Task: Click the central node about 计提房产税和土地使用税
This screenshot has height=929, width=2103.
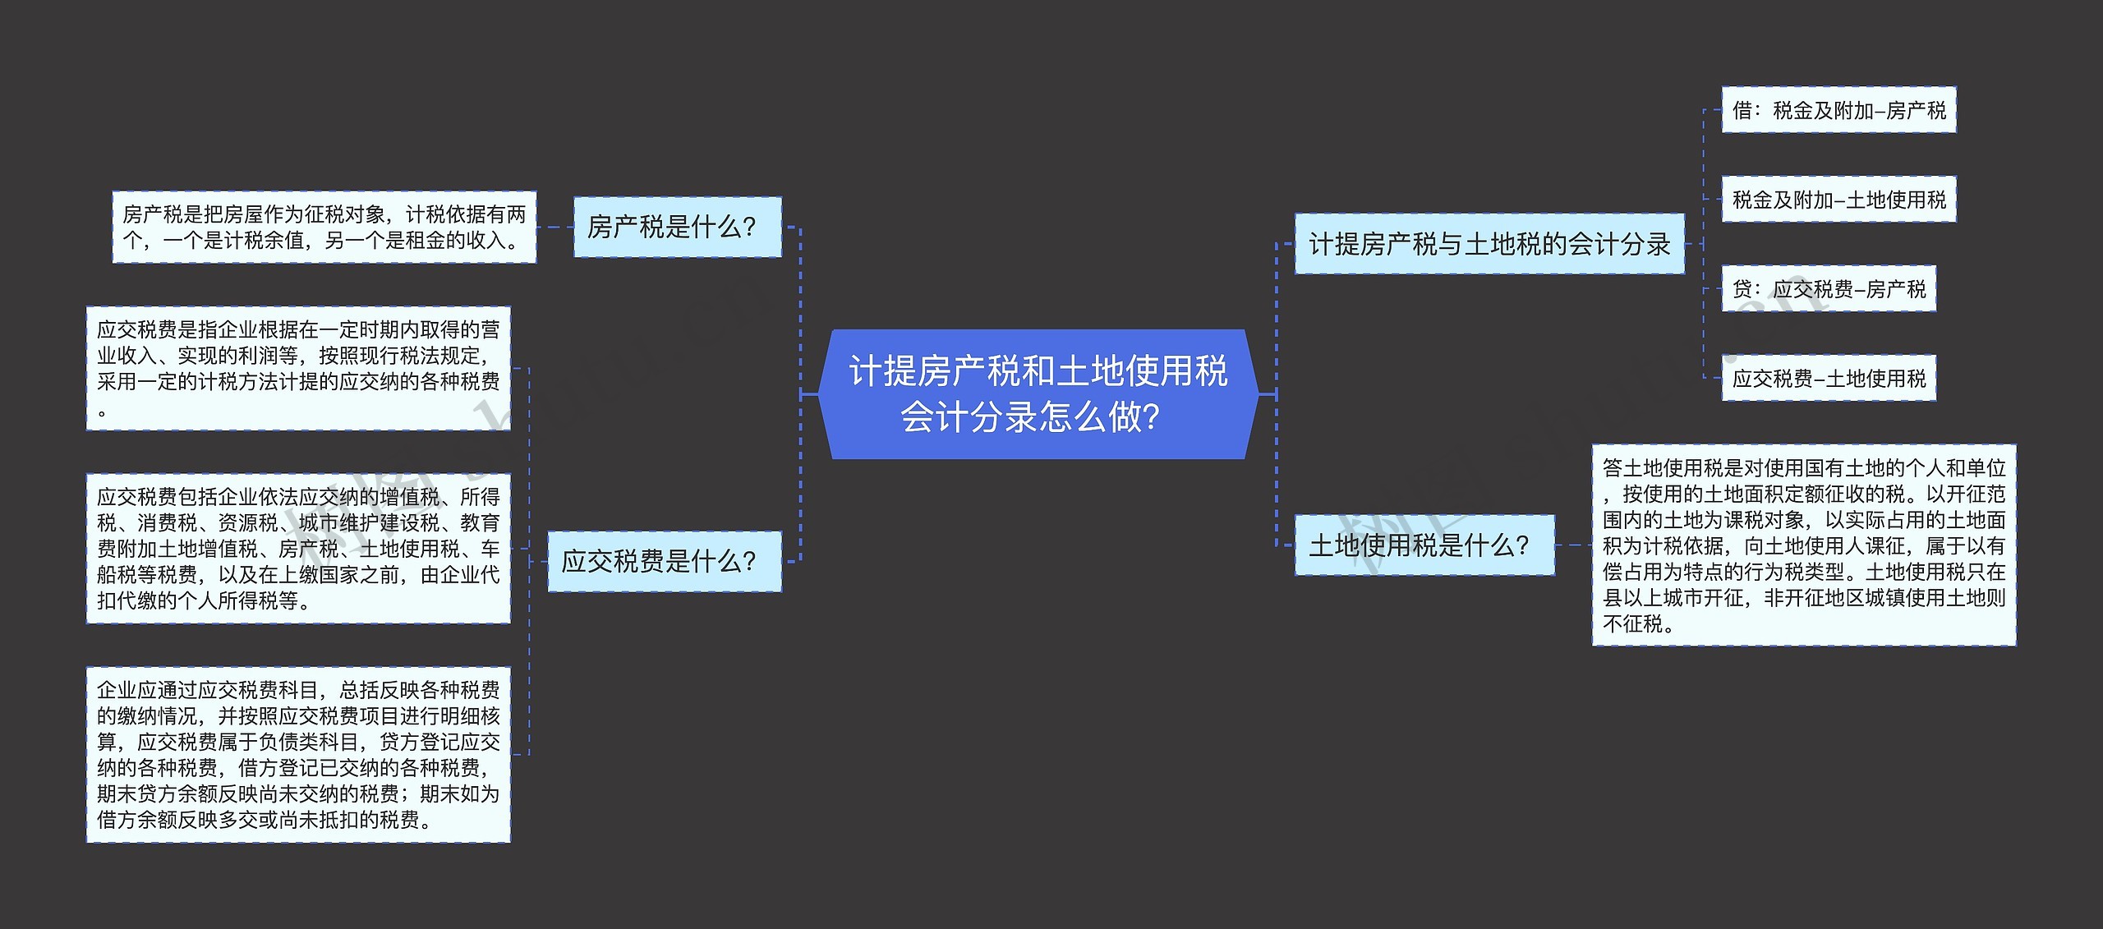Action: point(1038,394)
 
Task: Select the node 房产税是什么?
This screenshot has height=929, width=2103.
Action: point(677,227)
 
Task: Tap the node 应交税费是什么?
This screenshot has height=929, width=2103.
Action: point(664,561)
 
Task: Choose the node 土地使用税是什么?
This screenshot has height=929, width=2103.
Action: point(1424,545)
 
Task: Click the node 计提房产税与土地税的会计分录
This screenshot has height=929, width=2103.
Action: point(1489,244)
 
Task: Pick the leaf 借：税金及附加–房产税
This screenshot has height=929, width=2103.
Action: point(1838,110)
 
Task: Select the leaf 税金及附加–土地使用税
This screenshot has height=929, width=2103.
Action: point(1838,200)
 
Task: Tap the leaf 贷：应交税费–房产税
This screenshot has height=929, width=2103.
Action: point(1829,289)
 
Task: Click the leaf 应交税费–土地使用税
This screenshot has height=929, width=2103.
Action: point(1829,379)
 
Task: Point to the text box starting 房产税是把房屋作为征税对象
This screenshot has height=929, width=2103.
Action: point(324,228)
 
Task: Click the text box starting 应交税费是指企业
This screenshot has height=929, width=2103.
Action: point(298,368)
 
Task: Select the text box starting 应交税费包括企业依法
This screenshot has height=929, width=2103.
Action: point(298,548)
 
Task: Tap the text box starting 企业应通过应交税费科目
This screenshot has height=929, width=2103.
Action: point(298,754)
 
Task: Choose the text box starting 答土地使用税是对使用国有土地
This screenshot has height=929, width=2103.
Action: point(1803,545)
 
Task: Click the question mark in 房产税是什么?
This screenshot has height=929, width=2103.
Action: point(748,228)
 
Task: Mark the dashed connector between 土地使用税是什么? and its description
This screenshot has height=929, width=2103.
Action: point(1573,545)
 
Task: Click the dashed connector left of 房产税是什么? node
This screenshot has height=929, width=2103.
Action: point(555,228)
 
